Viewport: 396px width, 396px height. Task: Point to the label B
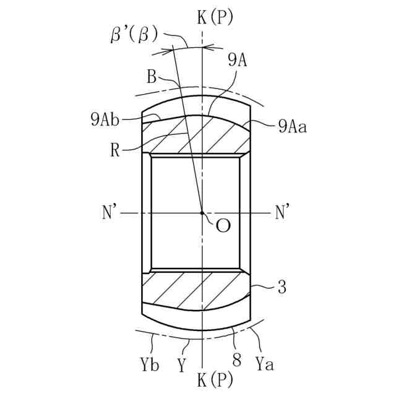[152, 77]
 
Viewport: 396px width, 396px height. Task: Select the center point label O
[223, 226]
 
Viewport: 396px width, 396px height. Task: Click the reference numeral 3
[282, 288]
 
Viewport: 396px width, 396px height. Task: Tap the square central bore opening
[195, 213]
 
